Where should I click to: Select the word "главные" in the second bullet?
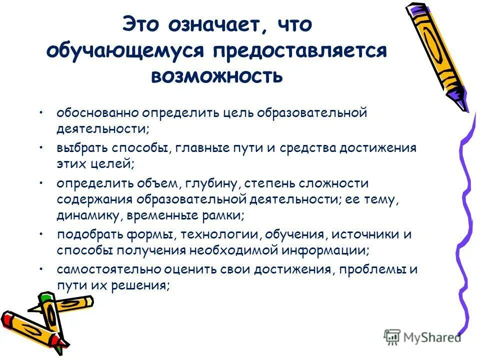[x=195, y=148]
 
